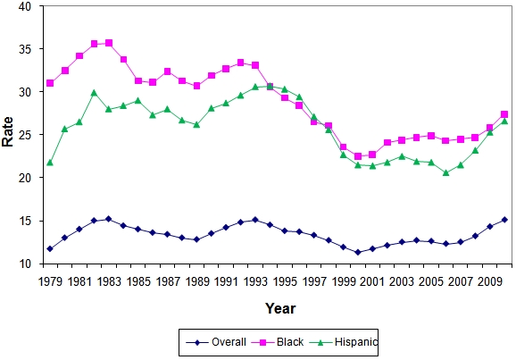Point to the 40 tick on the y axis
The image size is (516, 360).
pos(24,6)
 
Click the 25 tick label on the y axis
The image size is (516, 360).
pos(24,135)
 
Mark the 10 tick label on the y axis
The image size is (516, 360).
pos(24,264)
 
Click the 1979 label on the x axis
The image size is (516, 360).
pos(50,281)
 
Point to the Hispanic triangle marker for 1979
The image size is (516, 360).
pos(50,163)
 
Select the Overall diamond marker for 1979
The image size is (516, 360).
pos(50,248)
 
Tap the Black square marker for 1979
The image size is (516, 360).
pos(50,83)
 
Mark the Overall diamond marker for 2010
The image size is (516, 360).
pos(480,220)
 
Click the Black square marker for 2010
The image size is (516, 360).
pos(480,114)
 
